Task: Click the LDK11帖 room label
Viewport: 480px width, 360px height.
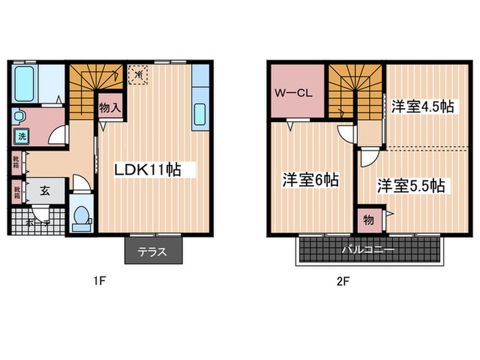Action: [x=147, y=169]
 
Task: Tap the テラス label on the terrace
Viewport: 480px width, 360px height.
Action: [x=153, y=252]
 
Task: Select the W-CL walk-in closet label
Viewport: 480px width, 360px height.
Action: [x=294, y=93]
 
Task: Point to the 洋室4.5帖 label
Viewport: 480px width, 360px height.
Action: [x=422, y=106]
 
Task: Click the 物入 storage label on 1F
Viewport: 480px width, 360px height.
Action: [x=110, y=108]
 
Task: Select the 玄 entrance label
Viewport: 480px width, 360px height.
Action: [x=43, y=191]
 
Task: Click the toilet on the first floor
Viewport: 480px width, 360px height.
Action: [x=82, y=216]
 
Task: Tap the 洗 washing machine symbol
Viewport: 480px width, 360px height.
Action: [x=22, y=136]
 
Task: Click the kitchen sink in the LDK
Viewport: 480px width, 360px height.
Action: [x=200, y=113]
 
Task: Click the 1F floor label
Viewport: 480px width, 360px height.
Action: [x=100, y=280]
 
